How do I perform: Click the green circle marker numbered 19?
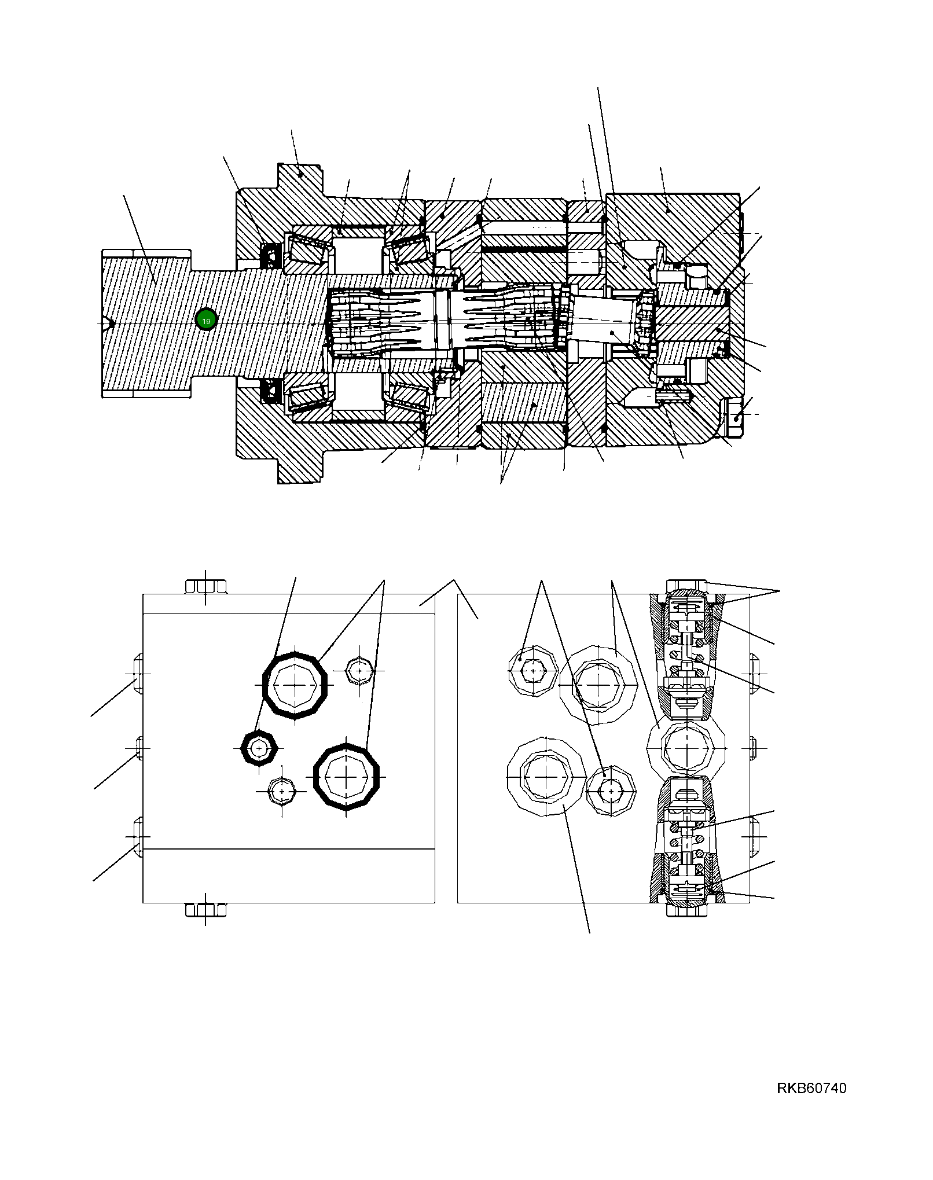pos(206,319)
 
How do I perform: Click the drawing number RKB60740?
pos(811,1089)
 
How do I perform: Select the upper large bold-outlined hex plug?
pos(295,685)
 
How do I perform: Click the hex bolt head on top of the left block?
pos(205,586)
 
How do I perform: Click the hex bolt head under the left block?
pos(205,910)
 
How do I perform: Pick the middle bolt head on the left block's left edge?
pos(139,748)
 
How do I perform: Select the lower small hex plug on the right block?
pos(611,789)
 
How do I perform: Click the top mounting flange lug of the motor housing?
pos(299,179)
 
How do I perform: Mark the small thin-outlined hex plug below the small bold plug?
pos(282,791)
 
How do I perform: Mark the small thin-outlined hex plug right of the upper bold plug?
pos(359,671)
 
